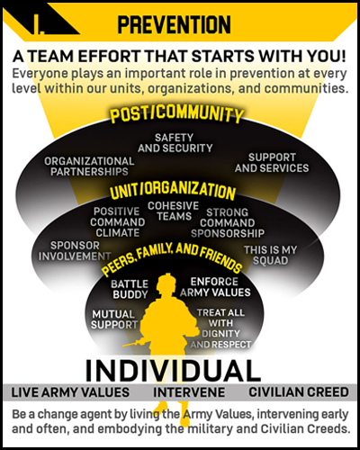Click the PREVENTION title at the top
coord(174,24)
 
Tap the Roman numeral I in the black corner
coord(39,24)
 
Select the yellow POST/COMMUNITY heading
coord(176,113)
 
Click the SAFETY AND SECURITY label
coord(175,143)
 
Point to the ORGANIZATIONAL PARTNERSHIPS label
coord(89,166)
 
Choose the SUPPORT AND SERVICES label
coord(272,163)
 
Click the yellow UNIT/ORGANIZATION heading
coord(173,191)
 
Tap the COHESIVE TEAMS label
coord(174,211)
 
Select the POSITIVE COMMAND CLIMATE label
coord(117,222)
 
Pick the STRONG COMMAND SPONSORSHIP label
coord(228,223)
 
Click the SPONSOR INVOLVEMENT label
coord(75,251)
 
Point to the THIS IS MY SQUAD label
coord(270,255)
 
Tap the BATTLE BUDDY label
coord(130,289)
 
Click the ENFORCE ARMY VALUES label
coord(215,287)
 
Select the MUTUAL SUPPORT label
coord(114,319)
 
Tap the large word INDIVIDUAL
coord(173,371)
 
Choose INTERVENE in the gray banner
coord(189,392)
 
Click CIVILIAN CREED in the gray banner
coord(299,392)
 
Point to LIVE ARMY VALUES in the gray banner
coord(70,392)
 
